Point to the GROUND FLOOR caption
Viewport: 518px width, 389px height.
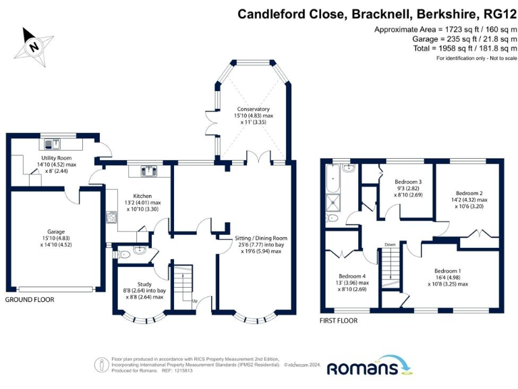pos(30,299)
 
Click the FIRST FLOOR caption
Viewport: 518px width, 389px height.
pos(339,321)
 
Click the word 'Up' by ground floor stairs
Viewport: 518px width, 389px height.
pos(196,301)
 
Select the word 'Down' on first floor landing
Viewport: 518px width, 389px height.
pos(391,244)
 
